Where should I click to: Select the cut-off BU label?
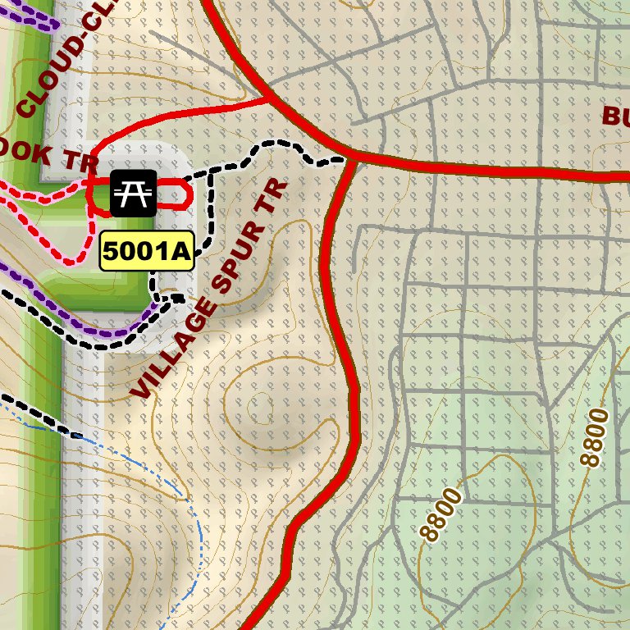(x=615, y=115)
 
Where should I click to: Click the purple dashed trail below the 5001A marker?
(x=115, y=333)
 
